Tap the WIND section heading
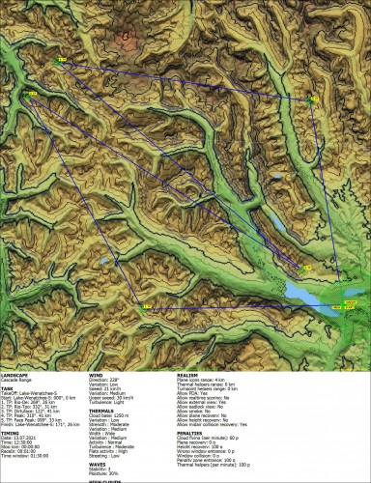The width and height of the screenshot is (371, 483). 95,372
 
